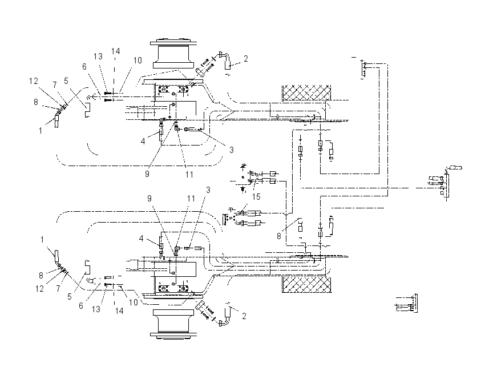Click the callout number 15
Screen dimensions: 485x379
point(256,197)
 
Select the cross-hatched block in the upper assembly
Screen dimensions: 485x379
point(306,93)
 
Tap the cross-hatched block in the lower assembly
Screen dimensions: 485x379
point(306,285)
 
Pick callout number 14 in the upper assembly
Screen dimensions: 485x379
point(116,51)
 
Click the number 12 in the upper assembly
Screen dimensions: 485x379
point(34,81)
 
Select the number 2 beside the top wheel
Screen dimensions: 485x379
point(245,59)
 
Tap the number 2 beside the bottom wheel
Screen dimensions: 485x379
point(244,316)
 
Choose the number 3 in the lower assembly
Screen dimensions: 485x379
point(208,190)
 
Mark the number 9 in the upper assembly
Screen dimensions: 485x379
point(147,174)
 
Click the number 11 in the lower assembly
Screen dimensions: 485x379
point(191,198)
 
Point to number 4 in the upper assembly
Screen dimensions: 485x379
point(143,142)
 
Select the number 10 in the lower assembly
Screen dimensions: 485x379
point(134,303)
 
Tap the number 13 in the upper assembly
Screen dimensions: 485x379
point(98,57)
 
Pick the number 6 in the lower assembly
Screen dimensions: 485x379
point(81,306)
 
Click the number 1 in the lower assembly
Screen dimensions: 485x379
point(42,240)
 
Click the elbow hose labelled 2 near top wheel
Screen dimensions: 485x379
point(226,60)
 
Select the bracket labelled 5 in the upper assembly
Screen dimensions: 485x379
point(87,110)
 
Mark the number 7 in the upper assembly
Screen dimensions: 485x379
point(55,84)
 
